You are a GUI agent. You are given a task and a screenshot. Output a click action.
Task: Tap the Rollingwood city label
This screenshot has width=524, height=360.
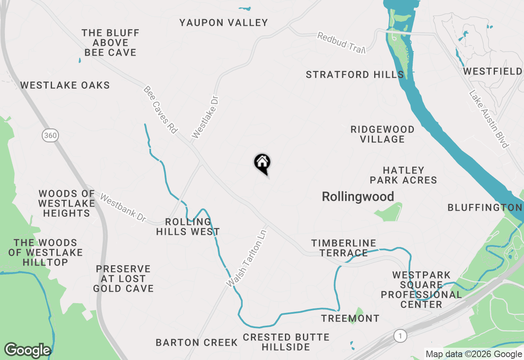click(x=358, y=197)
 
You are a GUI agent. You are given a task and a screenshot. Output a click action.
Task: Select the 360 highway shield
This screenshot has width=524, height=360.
click(x=50, y=135)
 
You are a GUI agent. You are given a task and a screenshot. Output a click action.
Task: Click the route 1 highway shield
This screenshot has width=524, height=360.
click(x=400, y=336)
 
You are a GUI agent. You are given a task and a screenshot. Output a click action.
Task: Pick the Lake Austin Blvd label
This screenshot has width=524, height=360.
click(x=489, y=119)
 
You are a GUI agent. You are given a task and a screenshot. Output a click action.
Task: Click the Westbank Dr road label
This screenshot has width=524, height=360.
click(x=123, y=209)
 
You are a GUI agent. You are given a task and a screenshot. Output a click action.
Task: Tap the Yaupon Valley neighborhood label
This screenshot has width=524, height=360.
click(x=224, y=23)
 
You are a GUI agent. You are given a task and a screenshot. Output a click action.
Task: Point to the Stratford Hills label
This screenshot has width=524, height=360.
click(x=355, y=75)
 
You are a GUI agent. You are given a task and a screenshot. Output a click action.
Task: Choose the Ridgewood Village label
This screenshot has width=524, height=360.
click(x=382, y=134)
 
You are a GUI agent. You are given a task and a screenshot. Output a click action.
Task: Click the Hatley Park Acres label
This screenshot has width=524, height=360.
click(x=403, y=175)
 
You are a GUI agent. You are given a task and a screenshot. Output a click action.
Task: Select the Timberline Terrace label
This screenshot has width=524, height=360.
click(x=343, y=248)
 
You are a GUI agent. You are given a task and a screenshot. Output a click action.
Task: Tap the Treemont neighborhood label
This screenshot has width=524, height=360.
click(x=350, y=318)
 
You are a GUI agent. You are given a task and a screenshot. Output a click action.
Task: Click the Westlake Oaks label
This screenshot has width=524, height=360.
click(x=65, y=85)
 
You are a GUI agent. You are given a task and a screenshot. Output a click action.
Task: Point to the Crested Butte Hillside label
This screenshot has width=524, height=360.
click(x=286, y=342)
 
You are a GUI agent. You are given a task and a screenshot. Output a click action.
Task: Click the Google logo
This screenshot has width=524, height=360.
click(x=27, y=351)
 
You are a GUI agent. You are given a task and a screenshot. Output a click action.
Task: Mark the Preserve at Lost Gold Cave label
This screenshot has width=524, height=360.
click(x=123, y=279)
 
